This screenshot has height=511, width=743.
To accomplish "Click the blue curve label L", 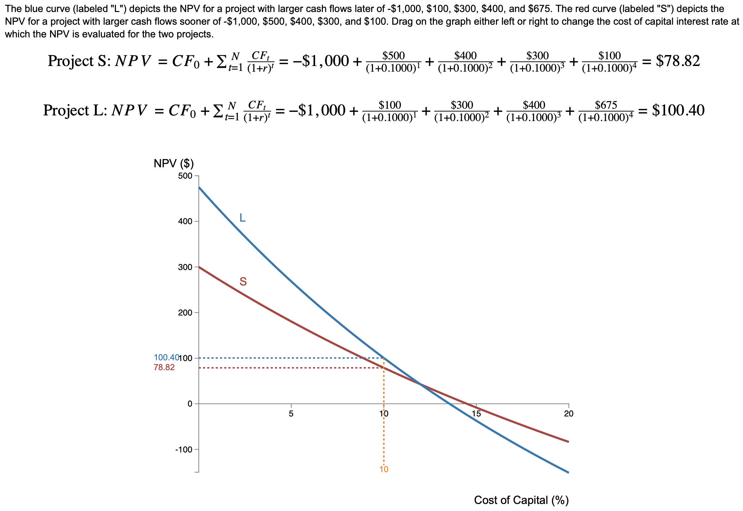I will coord(242,218).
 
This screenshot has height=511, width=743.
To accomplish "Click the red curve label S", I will coord(243,282).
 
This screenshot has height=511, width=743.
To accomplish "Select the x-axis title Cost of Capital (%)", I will coord(521,500).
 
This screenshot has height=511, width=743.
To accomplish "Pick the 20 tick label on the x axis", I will coord(568,414).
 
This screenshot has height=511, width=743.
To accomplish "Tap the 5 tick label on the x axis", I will coord(291,414).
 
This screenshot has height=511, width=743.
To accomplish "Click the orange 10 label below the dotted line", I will coord(384,469).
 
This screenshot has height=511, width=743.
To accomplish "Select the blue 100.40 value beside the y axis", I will coord(166,358).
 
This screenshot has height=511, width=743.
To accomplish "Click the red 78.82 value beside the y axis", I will coord(164,368).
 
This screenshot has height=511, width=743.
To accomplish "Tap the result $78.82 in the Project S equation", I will coord(677,61).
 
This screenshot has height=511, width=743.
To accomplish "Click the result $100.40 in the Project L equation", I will coord(678,110).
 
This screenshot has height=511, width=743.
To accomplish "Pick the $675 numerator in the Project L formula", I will coord(606,105).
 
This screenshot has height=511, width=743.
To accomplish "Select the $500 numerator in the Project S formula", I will coord(393,55).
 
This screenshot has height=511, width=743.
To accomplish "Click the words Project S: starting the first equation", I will coord(79,61).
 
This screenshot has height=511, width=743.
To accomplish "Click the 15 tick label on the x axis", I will coord(476,414).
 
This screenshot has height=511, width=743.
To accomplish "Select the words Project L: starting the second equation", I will coord(75,110).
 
